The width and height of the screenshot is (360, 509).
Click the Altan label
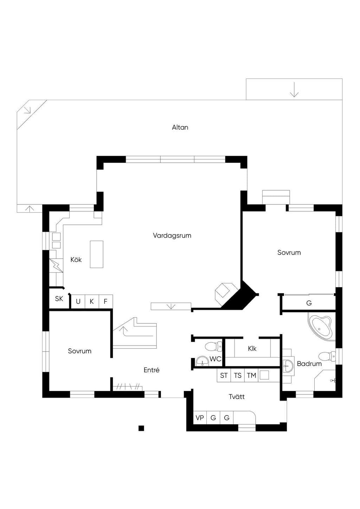pos(180,127)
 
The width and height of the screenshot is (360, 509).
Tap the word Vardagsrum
pos(172,236)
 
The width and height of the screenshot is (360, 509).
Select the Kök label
pos(76,259)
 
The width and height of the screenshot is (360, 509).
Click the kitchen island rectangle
pos(97,254)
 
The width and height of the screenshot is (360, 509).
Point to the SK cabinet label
pos(59,298)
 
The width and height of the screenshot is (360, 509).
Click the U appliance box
pos(78,302)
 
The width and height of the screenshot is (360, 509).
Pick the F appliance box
pos(106,302)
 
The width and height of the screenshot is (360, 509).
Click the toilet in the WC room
pos(213,347)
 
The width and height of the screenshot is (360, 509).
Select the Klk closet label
pos(252,348)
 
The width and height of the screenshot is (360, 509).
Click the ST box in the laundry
pos(224,375)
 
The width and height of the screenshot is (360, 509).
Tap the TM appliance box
pos(251,375)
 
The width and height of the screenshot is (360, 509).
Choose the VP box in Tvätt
pos(200,418)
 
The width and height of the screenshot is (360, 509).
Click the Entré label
pos(152,370)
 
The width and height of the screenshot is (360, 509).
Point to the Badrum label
pos(309,363)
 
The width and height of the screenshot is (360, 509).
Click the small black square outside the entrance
pos(141,428)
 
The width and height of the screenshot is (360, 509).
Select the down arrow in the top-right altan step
pos(294,90)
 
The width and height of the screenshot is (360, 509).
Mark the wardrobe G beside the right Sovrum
pos(309,303)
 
